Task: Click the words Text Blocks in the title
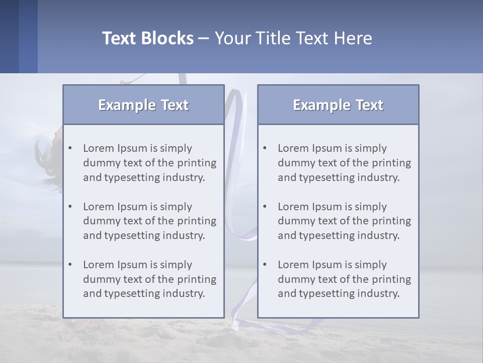(x=147, y=38)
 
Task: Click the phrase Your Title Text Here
(x=293, y=38)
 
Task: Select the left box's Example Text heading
(x=143, y=105)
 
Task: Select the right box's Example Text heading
(x=338, y=105)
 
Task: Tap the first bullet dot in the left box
(x=70, y=148)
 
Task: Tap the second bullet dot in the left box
(x=70, y=207)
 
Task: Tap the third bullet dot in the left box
(x=70, y=265)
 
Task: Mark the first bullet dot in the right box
(x=265, y=148)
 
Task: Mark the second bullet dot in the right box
(x=265, y=207)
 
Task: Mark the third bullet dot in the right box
(x=265, y=265)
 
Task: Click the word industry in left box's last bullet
(x=184, y=293)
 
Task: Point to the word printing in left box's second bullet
(x=197, y=221)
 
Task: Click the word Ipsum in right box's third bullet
(x=327, y=265)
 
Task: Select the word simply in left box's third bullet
(x=177, y=265)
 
